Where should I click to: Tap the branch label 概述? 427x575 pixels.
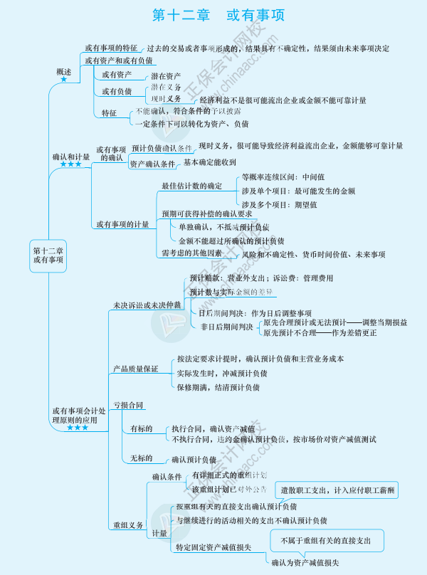point(64,72)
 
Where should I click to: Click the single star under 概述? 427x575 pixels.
point(64,80)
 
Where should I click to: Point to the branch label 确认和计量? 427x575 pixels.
point(71,156)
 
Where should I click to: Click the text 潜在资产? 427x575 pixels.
point(166,76)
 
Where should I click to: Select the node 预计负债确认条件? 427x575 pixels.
point(162,148)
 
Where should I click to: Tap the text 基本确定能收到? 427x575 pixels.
point(210,162)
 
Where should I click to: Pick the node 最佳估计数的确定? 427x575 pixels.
point(191,186)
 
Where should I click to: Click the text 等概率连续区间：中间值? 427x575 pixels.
point(283,176)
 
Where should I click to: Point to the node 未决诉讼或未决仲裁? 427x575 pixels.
point(147,305)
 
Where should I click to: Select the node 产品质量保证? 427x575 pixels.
point(135,369)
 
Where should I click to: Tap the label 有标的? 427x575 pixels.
point(142,428)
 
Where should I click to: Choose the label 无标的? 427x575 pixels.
point(142,459)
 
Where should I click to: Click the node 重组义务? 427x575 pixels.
point(128,525)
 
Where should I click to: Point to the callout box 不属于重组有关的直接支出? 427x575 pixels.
point(326,541)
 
